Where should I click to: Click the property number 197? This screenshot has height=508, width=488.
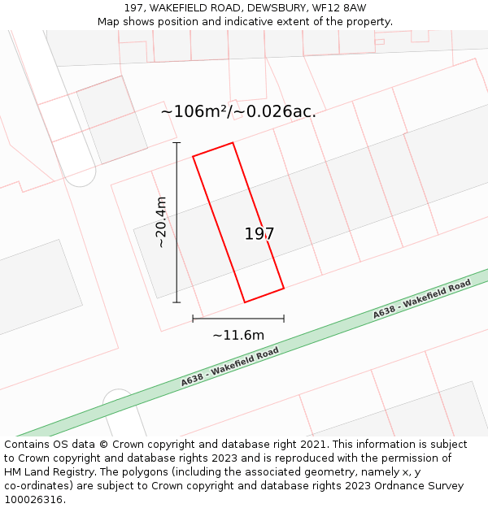[x=259, y=234]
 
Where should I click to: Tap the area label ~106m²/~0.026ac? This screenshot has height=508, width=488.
[x=238, y=111]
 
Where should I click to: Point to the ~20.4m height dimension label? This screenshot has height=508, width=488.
[x=161, y=222]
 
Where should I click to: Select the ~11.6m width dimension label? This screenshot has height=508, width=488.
[x=238, y=335]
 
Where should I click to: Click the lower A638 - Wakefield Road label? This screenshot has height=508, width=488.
[x=230, y=367]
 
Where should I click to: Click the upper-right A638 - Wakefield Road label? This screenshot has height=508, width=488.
[x=422, y=299]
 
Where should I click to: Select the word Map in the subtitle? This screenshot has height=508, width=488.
[x=109, y=22]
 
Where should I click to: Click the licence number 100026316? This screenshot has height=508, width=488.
[x=35, y=500]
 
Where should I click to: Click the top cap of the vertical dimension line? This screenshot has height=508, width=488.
[x=176, y=142]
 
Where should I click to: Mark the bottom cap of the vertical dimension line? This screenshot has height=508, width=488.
[x=176, y=302]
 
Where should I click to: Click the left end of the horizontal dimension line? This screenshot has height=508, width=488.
[x=193, y=318]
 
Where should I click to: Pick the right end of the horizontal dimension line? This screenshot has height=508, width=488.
[x=284, y=318]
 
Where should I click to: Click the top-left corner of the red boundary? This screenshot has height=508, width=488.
[x=193, y=155]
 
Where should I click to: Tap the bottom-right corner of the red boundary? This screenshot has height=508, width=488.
[x=284, y=288]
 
